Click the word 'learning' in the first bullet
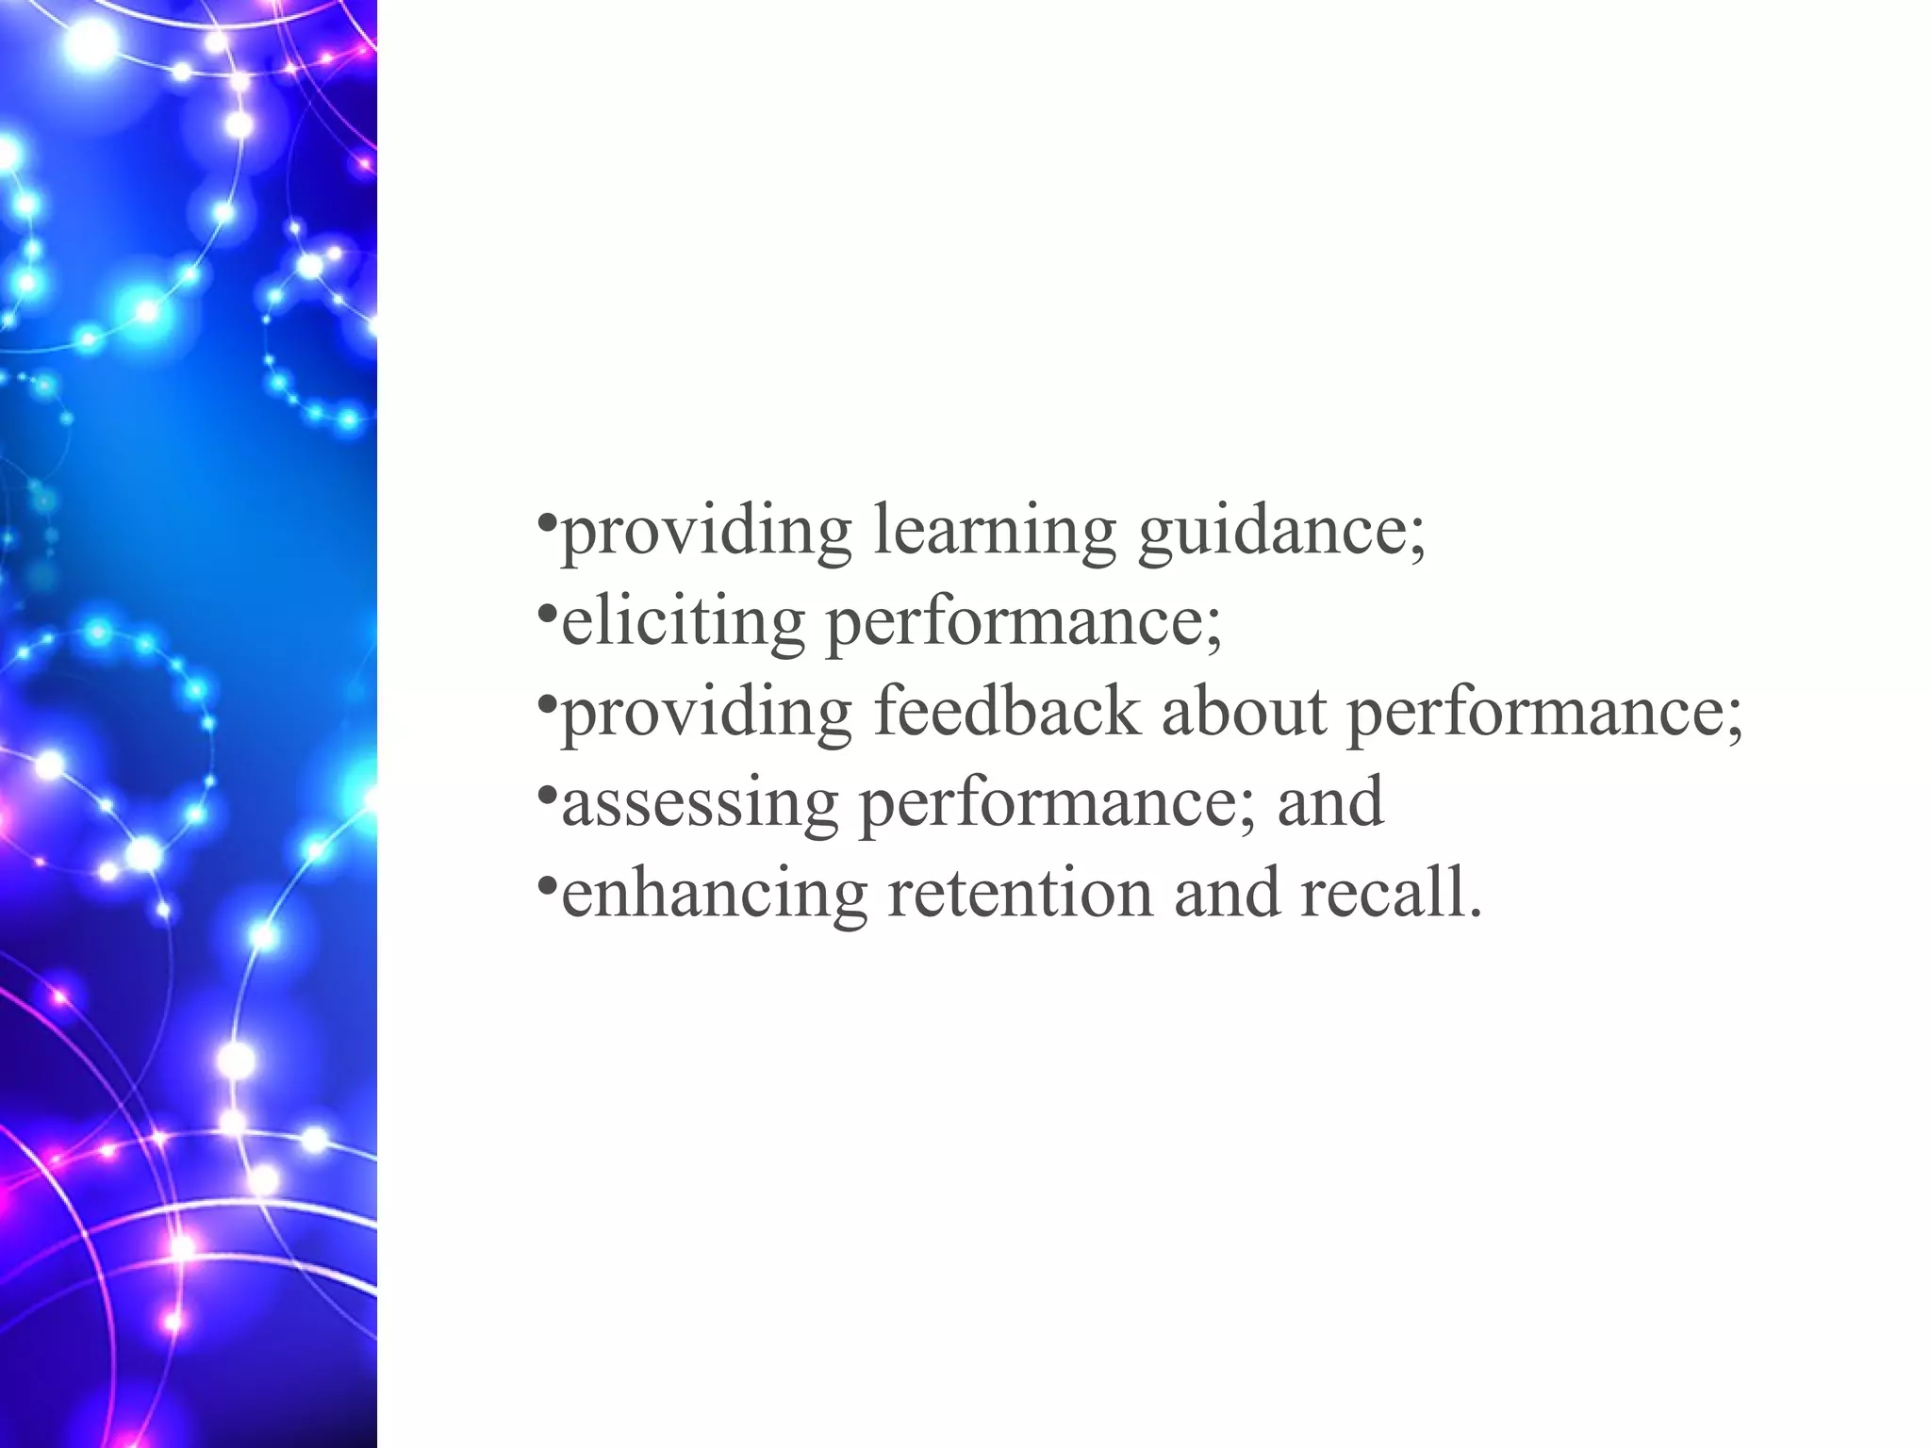click(995, 533)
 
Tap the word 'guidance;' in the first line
click(1281, 533)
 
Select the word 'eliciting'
click(683, 622)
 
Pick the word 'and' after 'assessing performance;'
click(1330, 801)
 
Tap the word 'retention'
click(1020, 893)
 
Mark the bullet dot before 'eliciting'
click(546, 612)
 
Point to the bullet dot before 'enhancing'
click(546, 883)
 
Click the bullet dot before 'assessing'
click(546, 794)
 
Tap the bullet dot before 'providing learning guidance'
click(546, 521)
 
